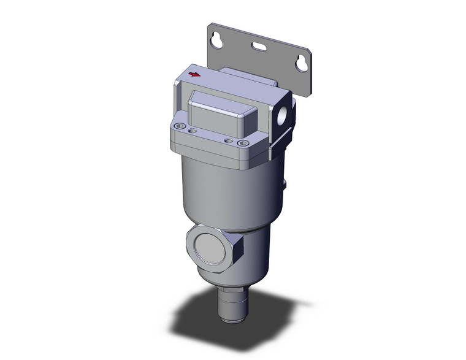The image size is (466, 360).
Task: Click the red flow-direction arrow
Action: coord(194,75)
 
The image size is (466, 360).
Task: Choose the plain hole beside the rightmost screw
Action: coord(228,140)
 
